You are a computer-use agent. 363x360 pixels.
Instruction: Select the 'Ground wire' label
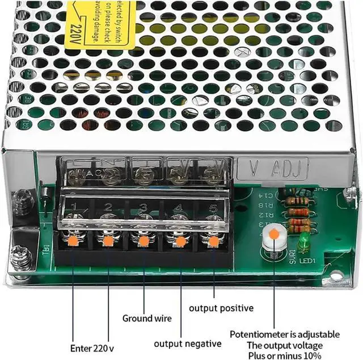146,318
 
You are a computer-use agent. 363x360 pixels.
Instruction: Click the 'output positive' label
221,308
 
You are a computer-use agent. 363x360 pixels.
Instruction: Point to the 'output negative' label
188,344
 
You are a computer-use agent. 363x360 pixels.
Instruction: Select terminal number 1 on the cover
73,207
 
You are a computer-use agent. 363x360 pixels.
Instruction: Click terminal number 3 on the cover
143,207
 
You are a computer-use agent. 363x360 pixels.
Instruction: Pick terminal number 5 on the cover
213,207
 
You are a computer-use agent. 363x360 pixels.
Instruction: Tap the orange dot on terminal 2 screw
108,241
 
